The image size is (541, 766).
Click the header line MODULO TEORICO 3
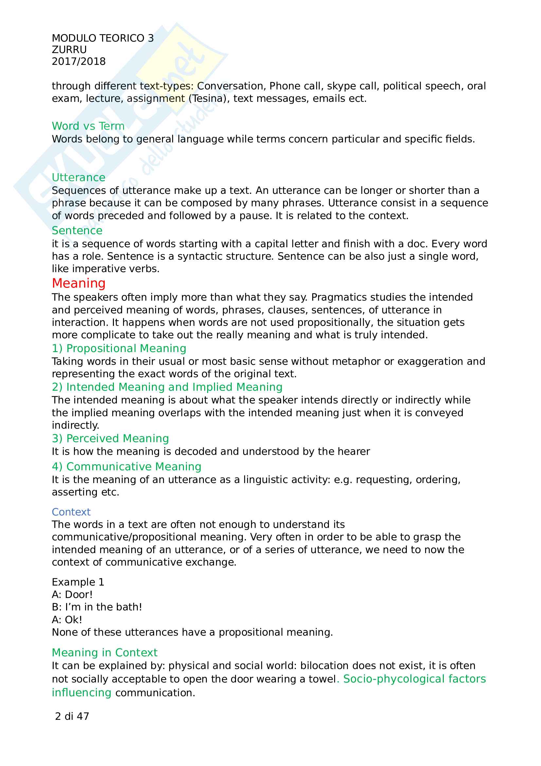103,38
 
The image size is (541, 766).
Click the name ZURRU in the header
69,50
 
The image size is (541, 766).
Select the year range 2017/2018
79,62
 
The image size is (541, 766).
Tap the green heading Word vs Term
88,126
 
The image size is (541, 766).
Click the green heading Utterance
78,177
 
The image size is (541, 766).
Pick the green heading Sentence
77,231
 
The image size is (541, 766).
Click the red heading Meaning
79,283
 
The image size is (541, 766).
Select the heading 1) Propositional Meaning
119,348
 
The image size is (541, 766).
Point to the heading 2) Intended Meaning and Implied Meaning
167,387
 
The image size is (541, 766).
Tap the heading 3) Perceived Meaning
110,439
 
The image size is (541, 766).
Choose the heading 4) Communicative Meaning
127,467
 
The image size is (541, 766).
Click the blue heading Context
71,512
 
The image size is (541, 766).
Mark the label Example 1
78,582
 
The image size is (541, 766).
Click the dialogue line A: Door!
72,594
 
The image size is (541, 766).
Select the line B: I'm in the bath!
97,607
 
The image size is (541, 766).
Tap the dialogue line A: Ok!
67,620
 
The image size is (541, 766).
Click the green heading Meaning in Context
105,653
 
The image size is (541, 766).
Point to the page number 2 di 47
72,716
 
